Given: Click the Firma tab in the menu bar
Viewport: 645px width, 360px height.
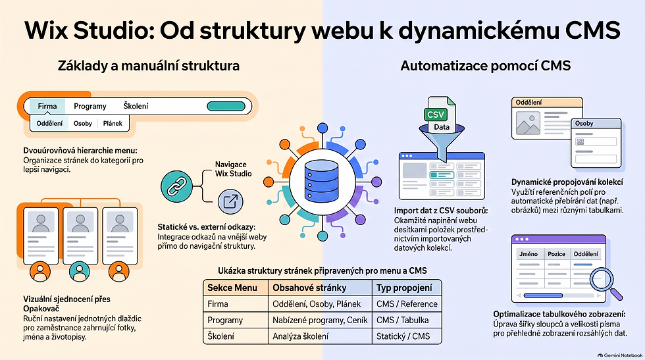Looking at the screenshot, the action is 47,106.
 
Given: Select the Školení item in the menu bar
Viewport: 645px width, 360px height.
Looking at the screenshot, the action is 136,106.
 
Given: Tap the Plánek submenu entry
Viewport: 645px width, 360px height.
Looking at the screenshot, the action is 113,124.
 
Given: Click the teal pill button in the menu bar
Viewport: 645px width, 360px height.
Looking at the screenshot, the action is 226,106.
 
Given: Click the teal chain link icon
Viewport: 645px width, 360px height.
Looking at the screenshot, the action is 176,186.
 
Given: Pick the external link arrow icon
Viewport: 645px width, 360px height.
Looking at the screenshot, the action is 230,201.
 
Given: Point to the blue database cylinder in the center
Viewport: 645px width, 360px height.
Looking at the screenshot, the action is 321,182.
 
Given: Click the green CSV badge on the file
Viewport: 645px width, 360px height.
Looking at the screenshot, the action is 436,115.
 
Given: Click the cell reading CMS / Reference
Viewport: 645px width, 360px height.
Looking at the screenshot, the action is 407,304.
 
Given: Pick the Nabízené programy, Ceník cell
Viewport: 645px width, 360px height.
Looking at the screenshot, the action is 320,320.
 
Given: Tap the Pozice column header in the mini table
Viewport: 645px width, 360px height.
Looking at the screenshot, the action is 557,254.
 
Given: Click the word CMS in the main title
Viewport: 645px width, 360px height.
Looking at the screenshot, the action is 593,30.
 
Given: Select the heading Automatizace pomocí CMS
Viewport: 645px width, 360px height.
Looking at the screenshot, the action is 486,65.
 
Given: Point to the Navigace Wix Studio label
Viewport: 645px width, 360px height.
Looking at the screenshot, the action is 233,169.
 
